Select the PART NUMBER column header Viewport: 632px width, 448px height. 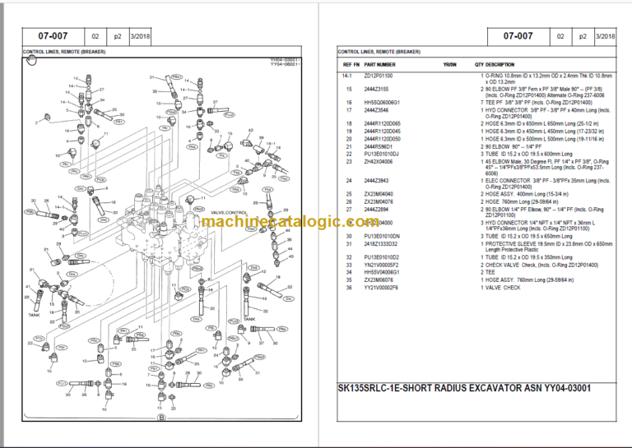coord(379,63)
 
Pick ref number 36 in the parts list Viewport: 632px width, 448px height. coord(349,287)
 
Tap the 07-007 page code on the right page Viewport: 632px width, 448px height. coord(518,36)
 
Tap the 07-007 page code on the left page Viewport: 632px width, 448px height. coord(51,36)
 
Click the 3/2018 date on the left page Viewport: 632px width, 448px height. coord(149,37)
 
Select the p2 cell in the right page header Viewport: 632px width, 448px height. coord(583,37)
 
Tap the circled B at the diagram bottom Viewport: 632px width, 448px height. coord(162,419)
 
